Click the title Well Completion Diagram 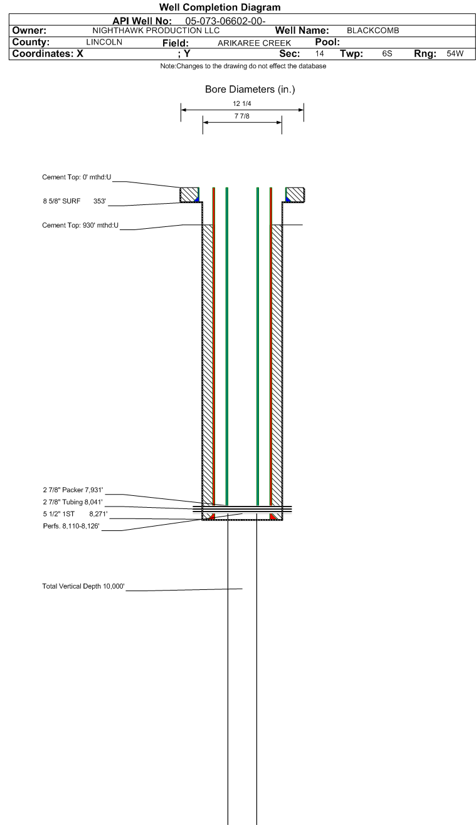(x=219, y=8)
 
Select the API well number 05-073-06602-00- (x=225, y=21)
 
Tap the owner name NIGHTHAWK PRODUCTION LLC (x=156, y=31)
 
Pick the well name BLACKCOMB (x=373, y=31)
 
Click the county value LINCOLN (x=104, y=42)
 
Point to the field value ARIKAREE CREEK (x=254, y=43)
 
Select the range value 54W (x=455, y=53)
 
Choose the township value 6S (x=387, y=53)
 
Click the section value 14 (x=319, y=53)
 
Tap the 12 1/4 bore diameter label (x=241, y=103)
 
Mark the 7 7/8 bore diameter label (x=241, y=116)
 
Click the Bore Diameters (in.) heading (x=250, y=89)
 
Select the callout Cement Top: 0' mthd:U (x=77, y=177)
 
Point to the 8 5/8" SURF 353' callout (x=75, y=201)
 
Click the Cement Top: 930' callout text (x=80, y=225)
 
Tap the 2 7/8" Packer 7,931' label (x=73, y=490)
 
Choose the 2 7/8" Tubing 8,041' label (x=73, y=502)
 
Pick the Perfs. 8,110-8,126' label (x=71, y=526)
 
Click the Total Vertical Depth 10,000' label (x=83, y=586)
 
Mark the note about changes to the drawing (x=243, y=66)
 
